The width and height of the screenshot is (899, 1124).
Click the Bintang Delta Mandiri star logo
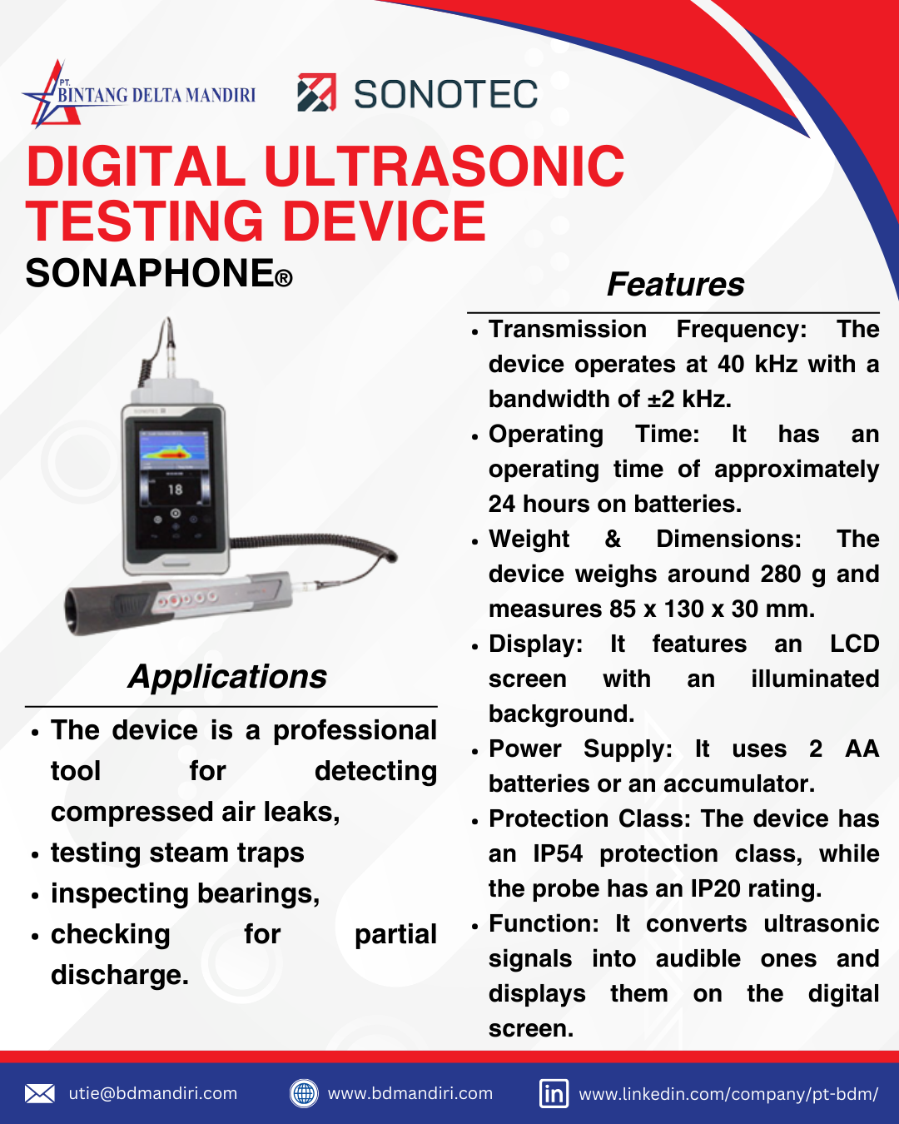(x=50, y=93)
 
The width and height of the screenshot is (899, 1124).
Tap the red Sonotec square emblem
(x=316, y=92)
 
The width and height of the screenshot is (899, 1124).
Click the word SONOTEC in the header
(x=446, y=94)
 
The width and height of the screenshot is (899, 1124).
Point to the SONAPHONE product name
(x=150, y=273)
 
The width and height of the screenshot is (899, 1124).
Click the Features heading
(x=675, y=285)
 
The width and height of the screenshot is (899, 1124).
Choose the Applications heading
(x=227, y=677)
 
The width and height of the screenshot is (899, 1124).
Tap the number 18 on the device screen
(x=175, y=490)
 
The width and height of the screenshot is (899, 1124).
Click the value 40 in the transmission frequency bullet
(x=731, y=365)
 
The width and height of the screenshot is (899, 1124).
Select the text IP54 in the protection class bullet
(x=557, y=854)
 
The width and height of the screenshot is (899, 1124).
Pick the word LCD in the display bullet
(x=854, y=644)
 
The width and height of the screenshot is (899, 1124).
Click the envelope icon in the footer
(x=40, y=1093)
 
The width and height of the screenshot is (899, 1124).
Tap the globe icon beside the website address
(x=304, y=1093)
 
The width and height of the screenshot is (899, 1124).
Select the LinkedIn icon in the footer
(x=554, y=1093)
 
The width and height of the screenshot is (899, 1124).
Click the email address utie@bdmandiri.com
(x=153, y=1093)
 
